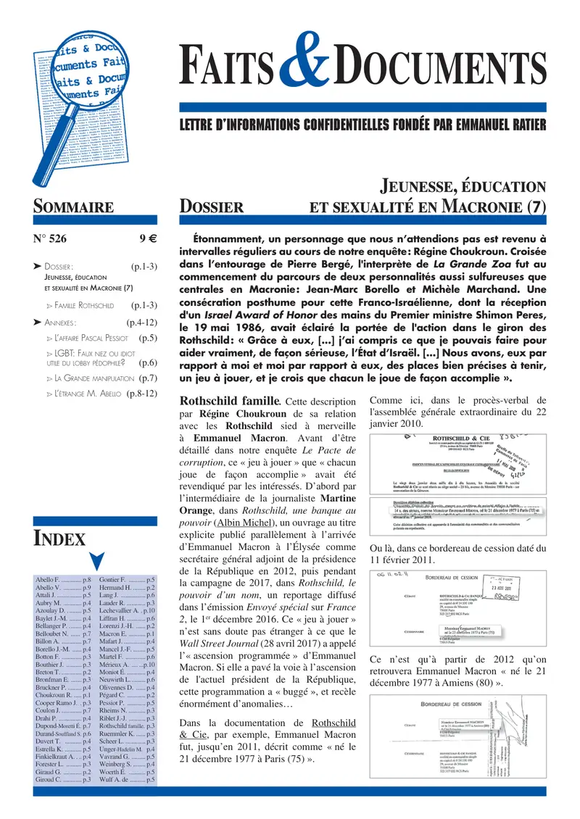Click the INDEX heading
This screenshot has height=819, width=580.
pyautogui.click(x=59, y=539)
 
